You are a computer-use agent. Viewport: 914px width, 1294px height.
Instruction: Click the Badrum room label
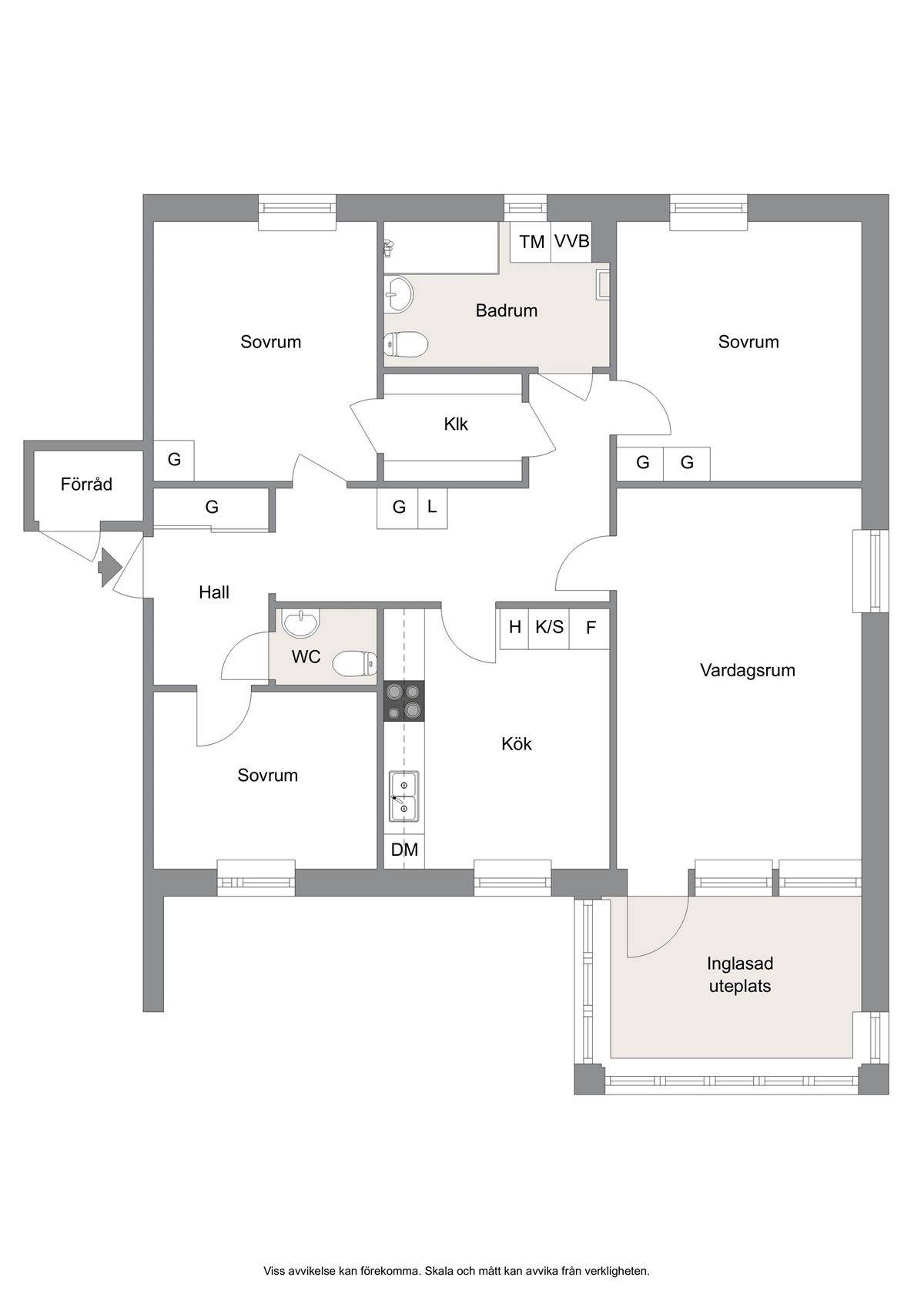506,311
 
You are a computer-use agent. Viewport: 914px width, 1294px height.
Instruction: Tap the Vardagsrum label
747,670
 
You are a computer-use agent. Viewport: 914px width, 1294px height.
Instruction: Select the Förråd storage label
86,484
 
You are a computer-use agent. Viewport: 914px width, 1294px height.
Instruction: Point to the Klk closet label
456,424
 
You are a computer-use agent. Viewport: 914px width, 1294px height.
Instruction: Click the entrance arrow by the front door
110,567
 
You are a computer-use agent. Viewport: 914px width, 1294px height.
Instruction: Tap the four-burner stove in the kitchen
404,700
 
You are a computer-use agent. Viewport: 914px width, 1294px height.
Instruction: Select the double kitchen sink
403,796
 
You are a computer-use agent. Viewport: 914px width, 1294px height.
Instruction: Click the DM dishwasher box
404,850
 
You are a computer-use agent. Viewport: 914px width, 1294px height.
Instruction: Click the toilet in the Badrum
405,345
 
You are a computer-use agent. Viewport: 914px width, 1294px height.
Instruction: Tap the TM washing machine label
531,242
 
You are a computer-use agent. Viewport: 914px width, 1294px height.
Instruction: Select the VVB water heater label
571,241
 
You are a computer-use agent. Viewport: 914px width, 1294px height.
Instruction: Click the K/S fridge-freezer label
549,627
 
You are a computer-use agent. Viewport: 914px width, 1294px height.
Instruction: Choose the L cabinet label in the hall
432,507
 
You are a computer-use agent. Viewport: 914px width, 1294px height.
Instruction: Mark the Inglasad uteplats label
740,974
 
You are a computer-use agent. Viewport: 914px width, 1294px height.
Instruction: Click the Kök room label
516,743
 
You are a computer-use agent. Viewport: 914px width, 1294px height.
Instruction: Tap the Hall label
213,592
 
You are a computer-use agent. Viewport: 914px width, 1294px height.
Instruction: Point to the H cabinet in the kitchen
515,627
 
